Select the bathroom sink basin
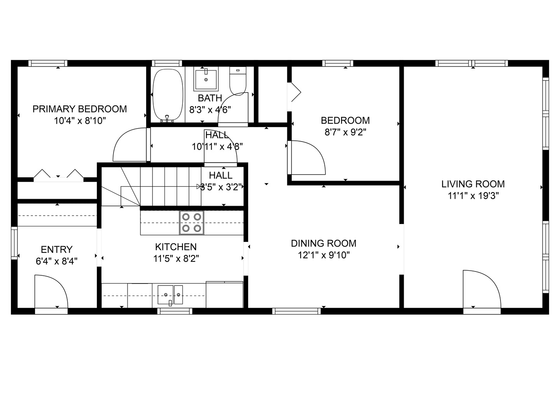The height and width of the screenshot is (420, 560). (x=206, y=79)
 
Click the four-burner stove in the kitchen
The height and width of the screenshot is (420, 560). (x=192, y=222)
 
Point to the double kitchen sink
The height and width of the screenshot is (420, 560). (x=170, y=295)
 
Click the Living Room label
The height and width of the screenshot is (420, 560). (x=473, y=184)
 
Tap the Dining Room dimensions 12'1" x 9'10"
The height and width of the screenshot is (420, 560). (x=324, y=255)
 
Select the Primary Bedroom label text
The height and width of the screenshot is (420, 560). (x=80, y=109)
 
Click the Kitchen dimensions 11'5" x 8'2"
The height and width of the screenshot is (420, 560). (x=176, y=259)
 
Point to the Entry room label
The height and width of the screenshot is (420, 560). (x=57, y=249)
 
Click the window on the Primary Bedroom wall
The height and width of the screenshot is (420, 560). (x=48, y=63)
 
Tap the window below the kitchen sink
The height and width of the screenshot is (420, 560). (x=175, y=311)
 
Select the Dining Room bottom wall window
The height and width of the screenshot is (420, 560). (x=296, y=311)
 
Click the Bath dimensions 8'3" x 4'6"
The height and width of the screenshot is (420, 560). (x=210, y=110)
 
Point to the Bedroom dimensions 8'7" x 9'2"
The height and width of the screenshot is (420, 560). (x=345, y=132)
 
